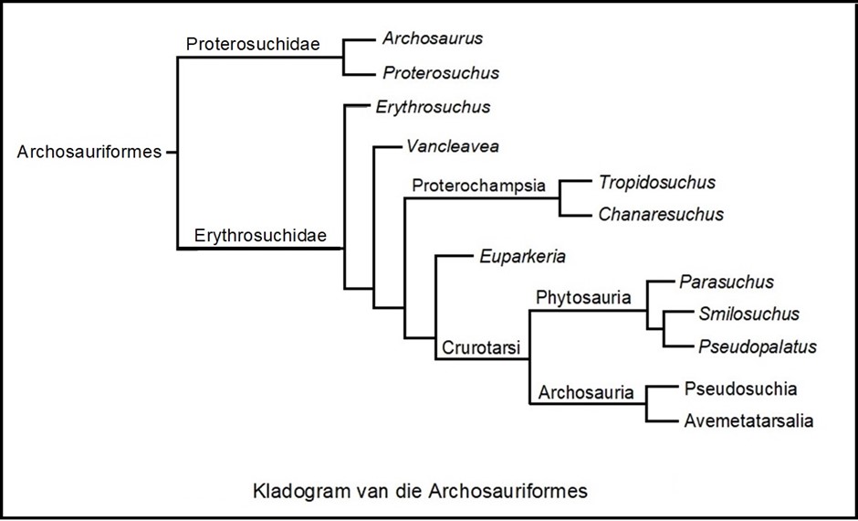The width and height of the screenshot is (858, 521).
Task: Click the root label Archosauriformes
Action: pos(89,152)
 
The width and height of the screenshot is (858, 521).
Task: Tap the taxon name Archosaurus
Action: pos(433,38)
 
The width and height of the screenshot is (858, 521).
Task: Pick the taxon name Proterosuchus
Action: pos(441,72)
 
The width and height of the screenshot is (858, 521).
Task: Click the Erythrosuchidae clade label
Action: pos(261,236)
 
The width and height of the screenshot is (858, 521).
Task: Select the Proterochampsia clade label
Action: pos(479,186)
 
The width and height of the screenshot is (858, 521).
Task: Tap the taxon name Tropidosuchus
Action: pos(657,182)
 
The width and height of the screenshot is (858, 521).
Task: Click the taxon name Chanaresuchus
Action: pos(661,215)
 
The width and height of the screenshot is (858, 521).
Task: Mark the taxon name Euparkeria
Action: pos(522,256)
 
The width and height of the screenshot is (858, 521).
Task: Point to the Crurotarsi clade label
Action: pos(482,347)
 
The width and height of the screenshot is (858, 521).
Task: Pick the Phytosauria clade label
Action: pos(584,297)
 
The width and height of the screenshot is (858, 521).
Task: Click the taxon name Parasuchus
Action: pos(727,282)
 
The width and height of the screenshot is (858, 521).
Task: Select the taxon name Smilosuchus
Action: pos(748,314)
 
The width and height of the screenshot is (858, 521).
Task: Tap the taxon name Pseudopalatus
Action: pos(757,347)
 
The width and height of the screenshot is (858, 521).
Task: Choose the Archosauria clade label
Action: pos(586,393)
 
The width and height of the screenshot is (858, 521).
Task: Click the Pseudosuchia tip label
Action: pos(740,388)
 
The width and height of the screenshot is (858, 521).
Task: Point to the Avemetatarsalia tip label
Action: pos(748,421)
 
